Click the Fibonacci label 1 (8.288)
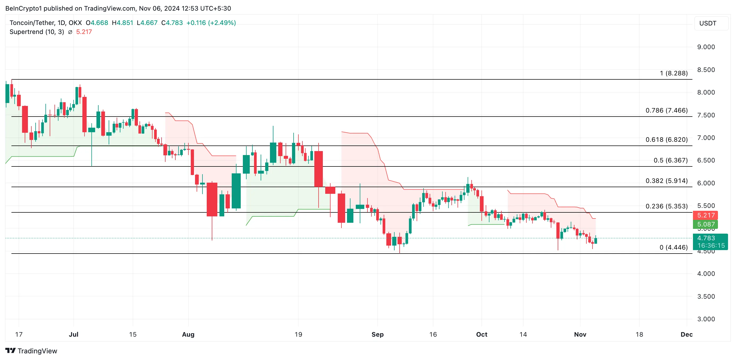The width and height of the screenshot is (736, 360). click(674, 73)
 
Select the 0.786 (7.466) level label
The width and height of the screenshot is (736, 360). click(666, 110)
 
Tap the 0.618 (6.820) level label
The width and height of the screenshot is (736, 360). click(666, 140)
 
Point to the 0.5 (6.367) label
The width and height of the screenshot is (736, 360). click(670, 160)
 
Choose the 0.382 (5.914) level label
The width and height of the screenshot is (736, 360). click(666, 181)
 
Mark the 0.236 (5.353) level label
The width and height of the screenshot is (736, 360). click(666, 206)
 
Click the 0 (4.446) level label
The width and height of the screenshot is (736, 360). click(674, 247)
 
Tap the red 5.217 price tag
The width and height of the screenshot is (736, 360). click(706, 215)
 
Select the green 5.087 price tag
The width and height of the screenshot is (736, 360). click(706, 224)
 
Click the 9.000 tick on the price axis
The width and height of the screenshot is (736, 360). click(706, 47)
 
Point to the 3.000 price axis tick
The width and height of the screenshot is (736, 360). click(706, 319)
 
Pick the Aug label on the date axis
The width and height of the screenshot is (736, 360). click(188, 335)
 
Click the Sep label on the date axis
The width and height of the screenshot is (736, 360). click(377, 335)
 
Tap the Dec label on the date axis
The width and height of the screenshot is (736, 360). click(686, 335)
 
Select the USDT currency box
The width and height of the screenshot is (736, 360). click(708, 23)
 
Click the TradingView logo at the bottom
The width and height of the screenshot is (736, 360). click(31, 351)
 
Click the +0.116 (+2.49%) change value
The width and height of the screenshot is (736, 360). click(211, 23)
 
